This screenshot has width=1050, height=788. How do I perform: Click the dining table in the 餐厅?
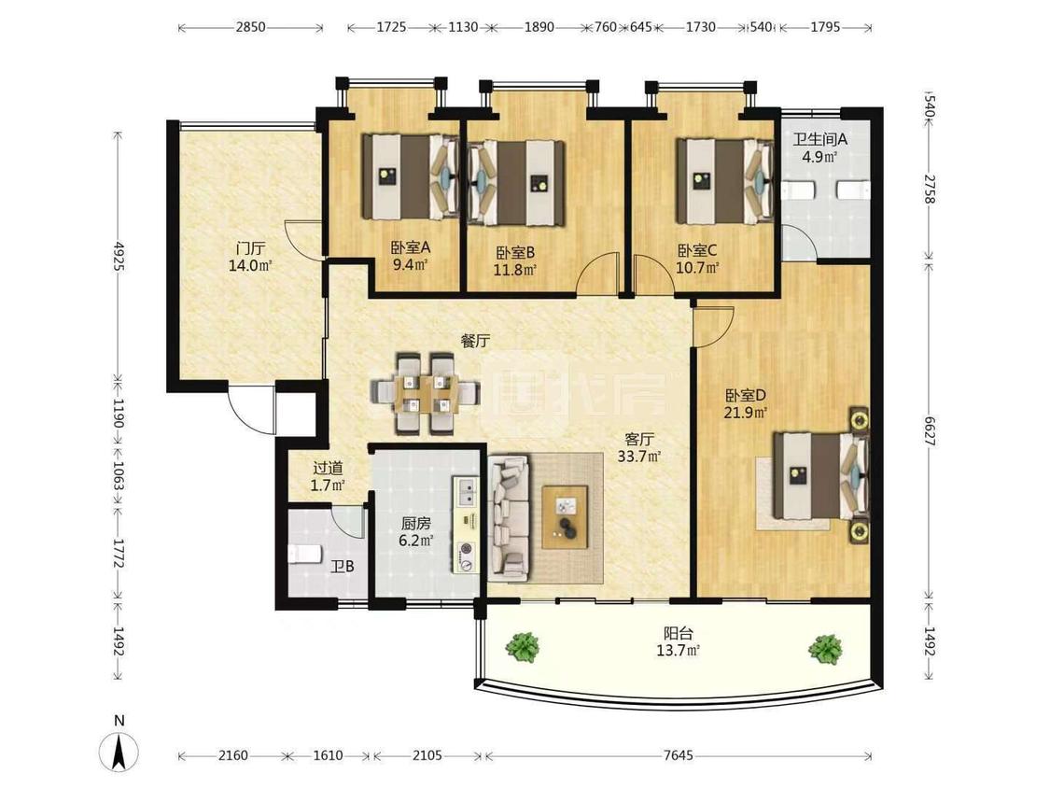tap(426, 393)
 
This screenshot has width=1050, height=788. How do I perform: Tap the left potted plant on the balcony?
tap(523, 648)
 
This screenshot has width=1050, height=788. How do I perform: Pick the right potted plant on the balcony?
tap(825, 649)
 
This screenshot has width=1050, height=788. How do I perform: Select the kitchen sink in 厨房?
tap(466, 492)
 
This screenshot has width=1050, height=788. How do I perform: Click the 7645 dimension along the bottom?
tap(678, 756)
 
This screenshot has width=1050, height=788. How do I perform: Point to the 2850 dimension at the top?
tap(250, 27)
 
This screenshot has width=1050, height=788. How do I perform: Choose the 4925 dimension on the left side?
tap(119, 255)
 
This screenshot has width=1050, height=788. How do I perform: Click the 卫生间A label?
tap(820, 139)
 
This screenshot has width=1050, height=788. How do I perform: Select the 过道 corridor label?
tap(328, 468)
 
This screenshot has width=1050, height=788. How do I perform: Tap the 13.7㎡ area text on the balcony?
tap(679, 650)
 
